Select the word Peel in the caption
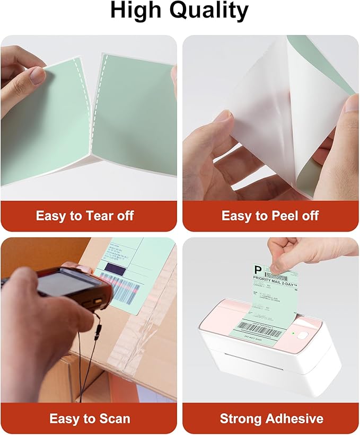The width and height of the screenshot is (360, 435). click(x=276, y=216)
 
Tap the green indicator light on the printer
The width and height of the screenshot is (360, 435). click(x=293, y=333)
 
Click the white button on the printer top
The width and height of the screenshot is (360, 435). click(x=303, y=335)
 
